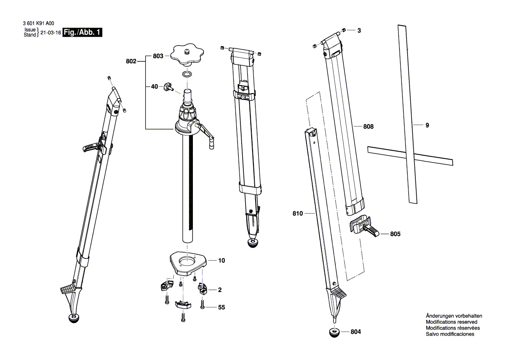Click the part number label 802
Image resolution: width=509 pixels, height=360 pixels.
tap(131, 62)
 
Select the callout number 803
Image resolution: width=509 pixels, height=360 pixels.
tap(158, 56)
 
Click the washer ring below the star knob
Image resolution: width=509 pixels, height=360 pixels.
tap(188, 74)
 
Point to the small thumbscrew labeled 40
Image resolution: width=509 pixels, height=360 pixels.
tap(169, 88)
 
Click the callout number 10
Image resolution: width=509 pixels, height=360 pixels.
tap(222, 261)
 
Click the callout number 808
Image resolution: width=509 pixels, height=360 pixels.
tap(369, 126)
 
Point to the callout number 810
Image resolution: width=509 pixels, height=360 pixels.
tap(297, 214)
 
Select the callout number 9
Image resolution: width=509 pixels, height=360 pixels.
tap(427, 125)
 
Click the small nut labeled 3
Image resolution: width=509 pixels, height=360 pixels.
tap(344, 30)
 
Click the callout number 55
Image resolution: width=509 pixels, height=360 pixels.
tap(222, 307)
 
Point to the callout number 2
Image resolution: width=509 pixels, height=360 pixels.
tap(220, 290)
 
